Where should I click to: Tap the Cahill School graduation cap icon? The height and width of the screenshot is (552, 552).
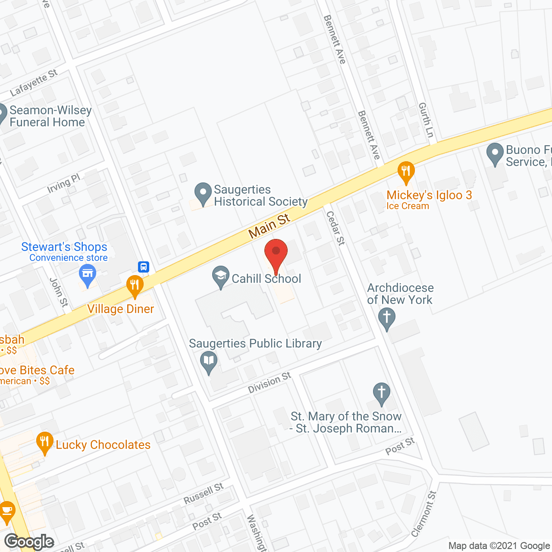[221, 276]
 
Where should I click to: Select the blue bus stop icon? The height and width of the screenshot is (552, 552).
[144, 267]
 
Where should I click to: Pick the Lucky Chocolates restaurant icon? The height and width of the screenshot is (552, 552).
[45, 442]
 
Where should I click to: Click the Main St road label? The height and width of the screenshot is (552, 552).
[270, 226]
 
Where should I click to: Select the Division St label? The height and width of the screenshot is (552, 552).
[270, 383]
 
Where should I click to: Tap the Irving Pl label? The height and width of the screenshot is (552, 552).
[64, 183]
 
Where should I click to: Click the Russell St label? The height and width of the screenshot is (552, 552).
[204, 493]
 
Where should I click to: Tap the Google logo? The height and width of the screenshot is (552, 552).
[29, 542]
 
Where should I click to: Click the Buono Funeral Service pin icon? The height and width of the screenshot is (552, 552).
[495, 154]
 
